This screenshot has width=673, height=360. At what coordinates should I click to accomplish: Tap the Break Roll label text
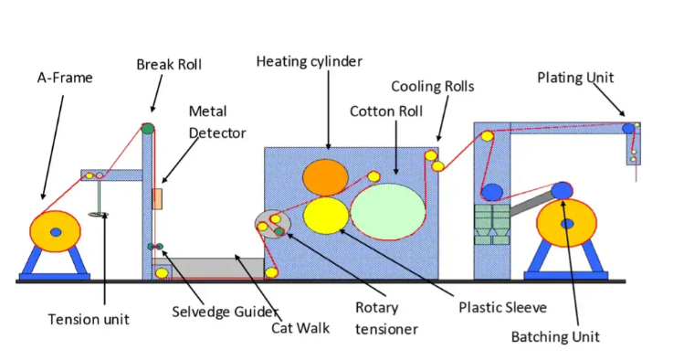point(169,64)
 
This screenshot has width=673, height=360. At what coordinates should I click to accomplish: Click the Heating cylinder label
point(309,61)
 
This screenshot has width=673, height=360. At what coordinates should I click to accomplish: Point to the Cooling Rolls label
point(433,86)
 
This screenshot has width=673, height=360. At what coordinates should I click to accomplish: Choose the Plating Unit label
point(574,77)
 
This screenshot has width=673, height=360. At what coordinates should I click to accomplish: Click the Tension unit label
point(89,319)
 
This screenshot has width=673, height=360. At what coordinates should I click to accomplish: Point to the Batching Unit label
point(555,336)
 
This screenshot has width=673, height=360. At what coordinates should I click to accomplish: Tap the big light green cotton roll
point(387,210)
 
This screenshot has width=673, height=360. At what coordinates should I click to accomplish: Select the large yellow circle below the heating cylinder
point(326,216)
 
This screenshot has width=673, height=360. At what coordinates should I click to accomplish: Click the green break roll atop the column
point(147,128)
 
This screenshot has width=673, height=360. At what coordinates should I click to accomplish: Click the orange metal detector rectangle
point(158,198)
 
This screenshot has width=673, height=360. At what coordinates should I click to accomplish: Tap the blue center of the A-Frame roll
point(56,232)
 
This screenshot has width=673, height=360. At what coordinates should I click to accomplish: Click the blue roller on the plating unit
point(628,129)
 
